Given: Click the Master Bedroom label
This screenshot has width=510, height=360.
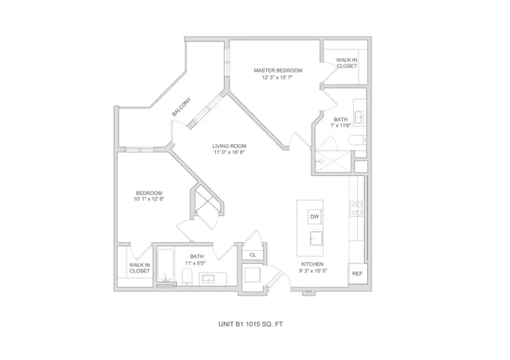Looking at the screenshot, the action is point(278,70).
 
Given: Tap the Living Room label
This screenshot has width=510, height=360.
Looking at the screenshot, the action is point(229,146).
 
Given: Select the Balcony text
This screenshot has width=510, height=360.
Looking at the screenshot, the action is point(181,107).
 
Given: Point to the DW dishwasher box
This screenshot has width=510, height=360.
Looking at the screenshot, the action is point(315,217).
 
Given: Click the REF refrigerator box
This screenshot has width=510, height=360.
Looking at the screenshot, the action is point(357,274).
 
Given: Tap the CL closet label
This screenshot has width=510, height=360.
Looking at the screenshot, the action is point(253,255).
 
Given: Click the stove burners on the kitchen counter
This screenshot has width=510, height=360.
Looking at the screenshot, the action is point(356,209).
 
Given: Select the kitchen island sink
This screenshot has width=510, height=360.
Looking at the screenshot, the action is point(316,239).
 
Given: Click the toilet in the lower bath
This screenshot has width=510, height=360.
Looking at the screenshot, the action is point(187,276).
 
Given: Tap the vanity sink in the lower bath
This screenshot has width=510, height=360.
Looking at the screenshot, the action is point(208,279).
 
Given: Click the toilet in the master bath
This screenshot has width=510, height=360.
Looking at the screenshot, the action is point(357,140).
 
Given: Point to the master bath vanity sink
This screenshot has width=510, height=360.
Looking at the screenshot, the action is point(359,117).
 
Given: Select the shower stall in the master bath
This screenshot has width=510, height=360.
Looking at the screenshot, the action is point(332,162).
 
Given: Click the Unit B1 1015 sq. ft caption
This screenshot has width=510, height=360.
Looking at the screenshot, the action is point(250,324).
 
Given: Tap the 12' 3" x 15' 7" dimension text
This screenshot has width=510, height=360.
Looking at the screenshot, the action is point(278,77).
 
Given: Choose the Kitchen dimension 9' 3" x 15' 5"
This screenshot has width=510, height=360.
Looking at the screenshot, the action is point(313,271).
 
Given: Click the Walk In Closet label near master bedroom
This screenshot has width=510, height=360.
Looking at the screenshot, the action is point(347,63).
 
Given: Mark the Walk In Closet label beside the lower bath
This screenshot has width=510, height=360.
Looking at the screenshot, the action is point(139,268).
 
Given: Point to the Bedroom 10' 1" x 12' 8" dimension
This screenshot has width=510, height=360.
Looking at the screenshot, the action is point(149,199).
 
